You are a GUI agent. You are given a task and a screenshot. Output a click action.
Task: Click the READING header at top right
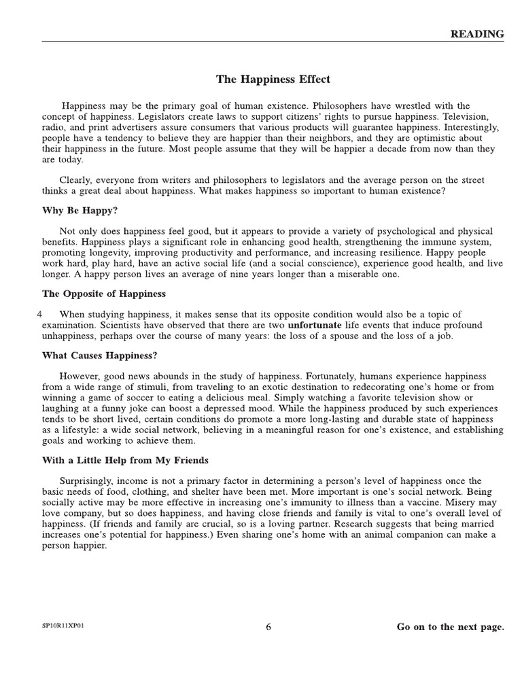478,34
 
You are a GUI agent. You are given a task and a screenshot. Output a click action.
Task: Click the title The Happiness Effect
273,80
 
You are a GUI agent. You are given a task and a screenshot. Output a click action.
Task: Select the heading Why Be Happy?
80,211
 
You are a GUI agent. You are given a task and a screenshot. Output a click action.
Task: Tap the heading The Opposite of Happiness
104,294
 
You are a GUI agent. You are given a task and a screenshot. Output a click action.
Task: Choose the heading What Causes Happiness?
100,355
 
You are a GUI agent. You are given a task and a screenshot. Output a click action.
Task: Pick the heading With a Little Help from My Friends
126,459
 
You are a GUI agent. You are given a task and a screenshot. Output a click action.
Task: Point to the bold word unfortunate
315,325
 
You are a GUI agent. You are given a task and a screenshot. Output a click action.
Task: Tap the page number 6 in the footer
268,627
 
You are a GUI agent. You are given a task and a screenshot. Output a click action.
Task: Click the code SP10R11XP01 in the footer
64,627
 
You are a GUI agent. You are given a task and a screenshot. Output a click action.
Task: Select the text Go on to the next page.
450,627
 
